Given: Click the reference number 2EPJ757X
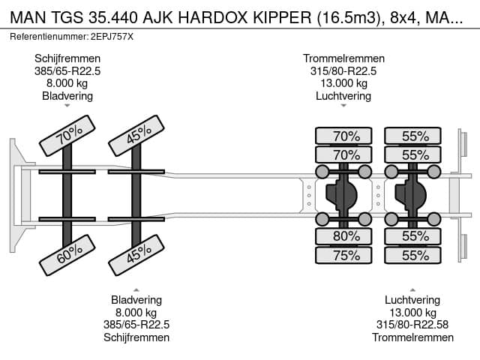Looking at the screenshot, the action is pyautogui.click(x=112, y=37).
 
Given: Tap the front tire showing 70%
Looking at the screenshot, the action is pyautogui.click(x=67, y=135).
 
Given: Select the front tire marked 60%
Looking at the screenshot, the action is pyautogui.click(x=67, y=255).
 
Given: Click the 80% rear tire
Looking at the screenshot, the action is pyautogui.click(x=343, y=236).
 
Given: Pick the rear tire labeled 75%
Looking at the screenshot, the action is pyautogui.click(x=343, y=255).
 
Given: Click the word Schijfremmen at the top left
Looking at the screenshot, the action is pyautogui.click(x=67, y=58).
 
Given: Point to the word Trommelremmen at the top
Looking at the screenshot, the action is pyautogui.click(x=343, y=58).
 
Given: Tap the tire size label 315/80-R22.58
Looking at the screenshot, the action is pyautogui.click(x=412, y=325).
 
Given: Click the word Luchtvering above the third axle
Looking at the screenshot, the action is pyautogui.click(x=343, y=96).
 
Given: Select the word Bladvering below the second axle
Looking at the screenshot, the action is pyautogui.click(x=136, y=300).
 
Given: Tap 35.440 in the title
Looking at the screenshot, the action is pyautogui.click(x=113, y=17).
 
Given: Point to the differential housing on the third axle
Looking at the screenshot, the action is pyautogui.click(x=342, y=195).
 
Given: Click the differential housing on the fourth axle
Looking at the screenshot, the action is pyautogui.click(x=411, y=195).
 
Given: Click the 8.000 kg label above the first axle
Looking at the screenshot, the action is pyautogui.click(x=67, y=83).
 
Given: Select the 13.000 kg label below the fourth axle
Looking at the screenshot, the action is pyautogui.click(x=412, y=313).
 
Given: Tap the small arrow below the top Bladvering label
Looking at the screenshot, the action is pyautogui.click(x=67, y=106).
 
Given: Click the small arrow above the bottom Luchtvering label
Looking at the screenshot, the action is pyautogui.click(x=412, y=289).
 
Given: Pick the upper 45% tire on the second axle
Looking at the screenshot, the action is pyautogui.click(x=136, y=135).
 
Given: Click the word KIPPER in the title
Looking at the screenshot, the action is pyautogui.click(x=282, y=17).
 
